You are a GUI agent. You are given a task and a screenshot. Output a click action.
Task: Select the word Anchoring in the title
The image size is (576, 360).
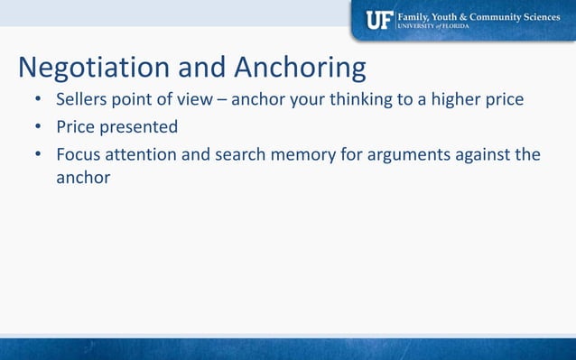pos(300,68)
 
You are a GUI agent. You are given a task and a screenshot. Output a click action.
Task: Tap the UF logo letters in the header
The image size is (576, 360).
pos(379,20)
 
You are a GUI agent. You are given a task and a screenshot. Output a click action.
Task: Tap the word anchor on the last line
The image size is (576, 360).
pos(83,178)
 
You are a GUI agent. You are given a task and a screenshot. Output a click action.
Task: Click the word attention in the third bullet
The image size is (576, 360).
pos(144,154)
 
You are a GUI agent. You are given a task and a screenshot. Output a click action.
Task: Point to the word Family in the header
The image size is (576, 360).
pos(416,15)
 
